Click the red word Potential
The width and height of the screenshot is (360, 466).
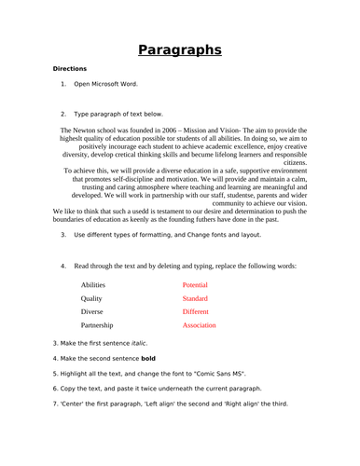(x=196, y=284)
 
